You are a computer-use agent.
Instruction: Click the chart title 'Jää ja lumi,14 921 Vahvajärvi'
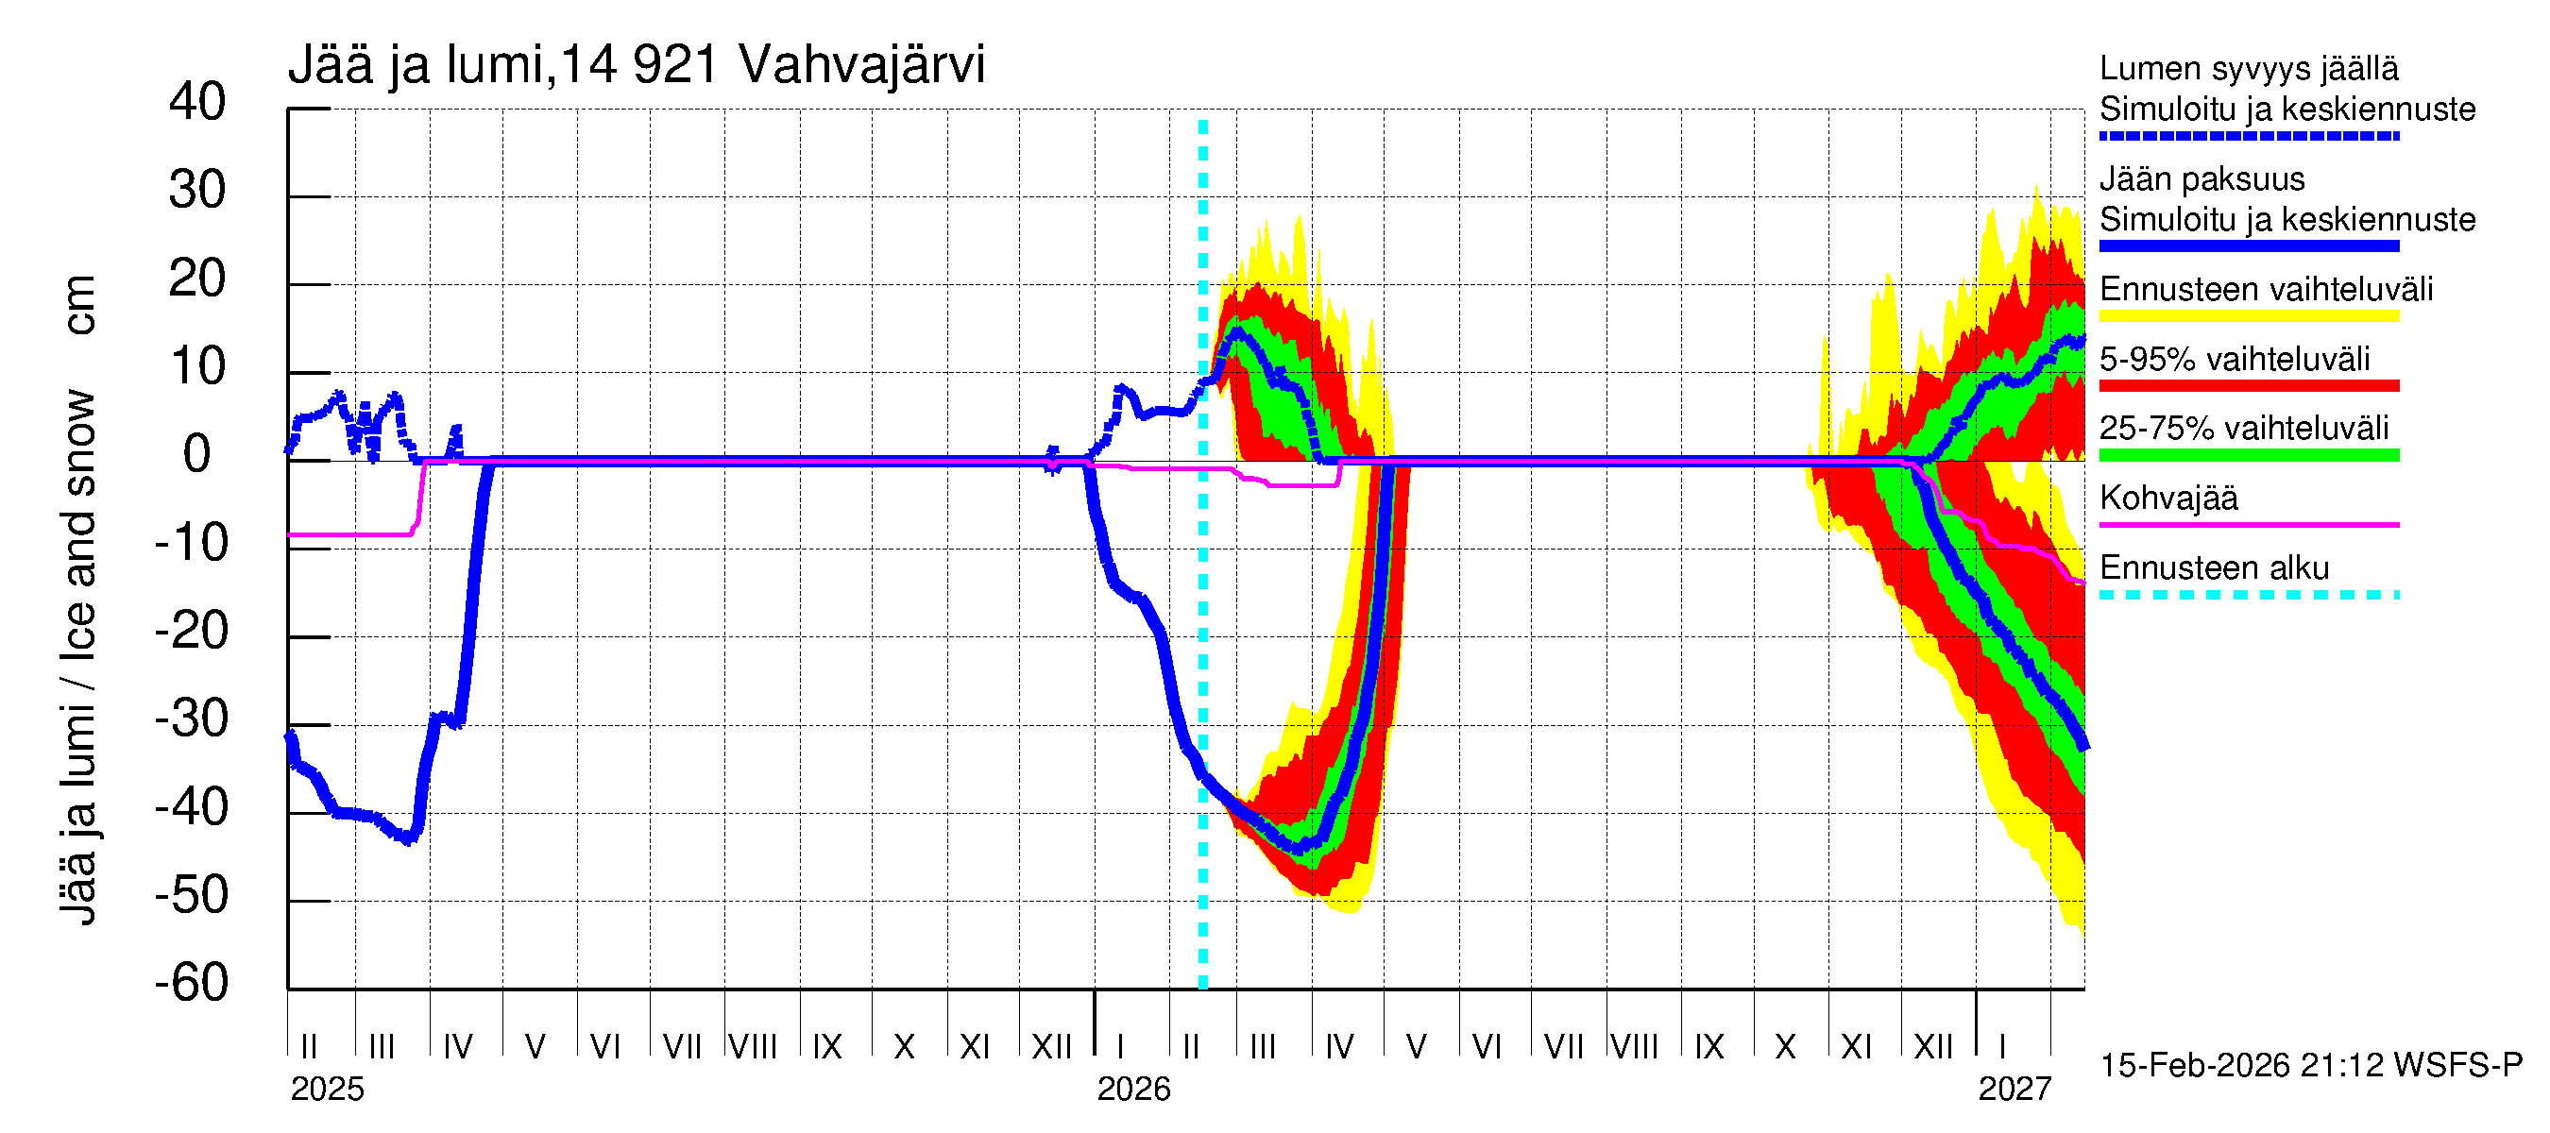[636, 65]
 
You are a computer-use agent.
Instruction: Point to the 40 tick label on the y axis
[197, 102]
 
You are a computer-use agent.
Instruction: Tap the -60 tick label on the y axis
[191, 983]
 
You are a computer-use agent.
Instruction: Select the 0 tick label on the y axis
[197, 454]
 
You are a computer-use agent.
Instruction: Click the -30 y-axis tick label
[191, 719]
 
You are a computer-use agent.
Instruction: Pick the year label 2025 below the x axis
[327, 1090]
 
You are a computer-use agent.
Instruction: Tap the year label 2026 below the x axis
[1133, 1090]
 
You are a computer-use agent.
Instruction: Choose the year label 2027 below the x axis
[2014, 1090]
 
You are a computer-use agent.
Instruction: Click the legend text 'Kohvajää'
[2167, 498]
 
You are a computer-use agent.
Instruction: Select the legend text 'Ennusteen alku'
[2214, 568]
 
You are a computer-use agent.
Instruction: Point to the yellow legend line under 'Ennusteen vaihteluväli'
[2248, 316]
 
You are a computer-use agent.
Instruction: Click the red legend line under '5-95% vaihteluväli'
[2248, 386]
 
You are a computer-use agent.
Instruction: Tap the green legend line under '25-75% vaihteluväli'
[2248, 455]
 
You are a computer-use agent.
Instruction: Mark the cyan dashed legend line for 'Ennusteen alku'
[2248, 595]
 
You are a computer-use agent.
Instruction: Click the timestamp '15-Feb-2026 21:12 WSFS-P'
[2310, 1066]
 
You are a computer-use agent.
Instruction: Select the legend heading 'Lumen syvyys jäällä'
[2248, 69]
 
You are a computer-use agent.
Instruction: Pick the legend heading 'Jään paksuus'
[2201, 179]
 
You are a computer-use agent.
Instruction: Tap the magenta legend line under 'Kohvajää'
[2248, 524]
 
